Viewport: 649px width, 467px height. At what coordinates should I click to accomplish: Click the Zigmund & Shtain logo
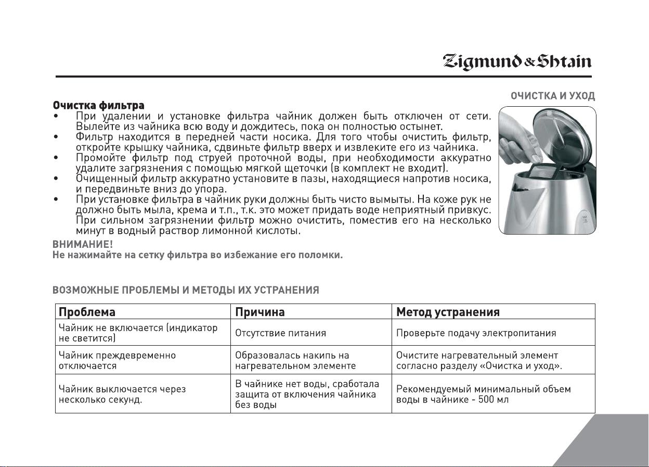click(x=517, y=62)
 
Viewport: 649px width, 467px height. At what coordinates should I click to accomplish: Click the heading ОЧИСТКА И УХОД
click(x=553, y=96)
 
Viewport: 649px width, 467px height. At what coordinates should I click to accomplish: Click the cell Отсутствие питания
click(x=281, y=333)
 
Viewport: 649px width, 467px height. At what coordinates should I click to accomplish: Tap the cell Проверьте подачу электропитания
click(x=476, y=333)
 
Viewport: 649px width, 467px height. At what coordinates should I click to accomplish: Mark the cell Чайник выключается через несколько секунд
click(x=123, y=394)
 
